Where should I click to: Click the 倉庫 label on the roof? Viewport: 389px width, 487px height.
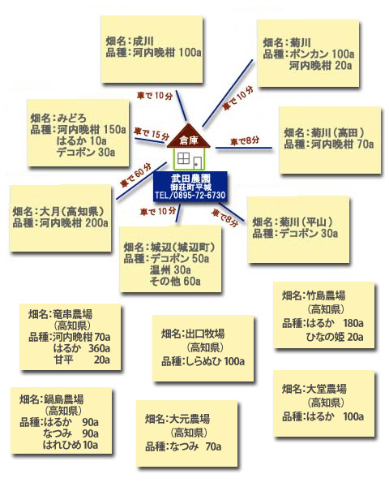[x=189, y=140]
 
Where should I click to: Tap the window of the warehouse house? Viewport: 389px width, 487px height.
[x=183, y=158]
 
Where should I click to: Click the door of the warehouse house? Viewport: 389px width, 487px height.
[x=197, y=163]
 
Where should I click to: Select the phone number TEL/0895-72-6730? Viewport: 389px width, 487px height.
[x=190, y=195]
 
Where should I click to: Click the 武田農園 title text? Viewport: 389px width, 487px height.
[x=190, y=179]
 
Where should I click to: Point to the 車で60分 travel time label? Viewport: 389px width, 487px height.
[x=135, y=175]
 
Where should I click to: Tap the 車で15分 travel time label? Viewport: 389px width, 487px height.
[x=152, y=134]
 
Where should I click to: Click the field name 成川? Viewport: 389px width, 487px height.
[x=143, y=41]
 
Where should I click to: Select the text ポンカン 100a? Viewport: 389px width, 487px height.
[x=322, y=54]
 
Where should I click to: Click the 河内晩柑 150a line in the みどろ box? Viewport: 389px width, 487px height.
[x=92, y=129]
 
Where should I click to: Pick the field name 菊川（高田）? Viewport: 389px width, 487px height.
[x=337, y=133]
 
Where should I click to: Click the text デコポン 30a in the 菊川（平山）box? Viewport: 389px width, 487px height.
[x=308, y=233]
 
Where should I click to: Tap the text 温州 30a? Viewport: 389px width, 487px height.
[x=170, y=269]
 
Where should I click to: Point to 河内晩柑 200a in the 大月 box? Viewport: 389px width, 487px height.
[x=74, y=222]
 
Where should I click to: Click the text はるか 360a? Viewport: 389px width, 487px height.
[x=82, y=348]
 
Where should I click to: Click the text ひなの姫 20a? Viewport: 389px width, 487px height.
[x=335, y=337]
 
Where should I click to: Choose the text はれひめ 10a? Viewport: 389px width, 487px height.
[x=71, y=445]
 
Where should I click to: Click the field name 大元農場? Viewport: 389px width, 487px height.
[x=190, y=419]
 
